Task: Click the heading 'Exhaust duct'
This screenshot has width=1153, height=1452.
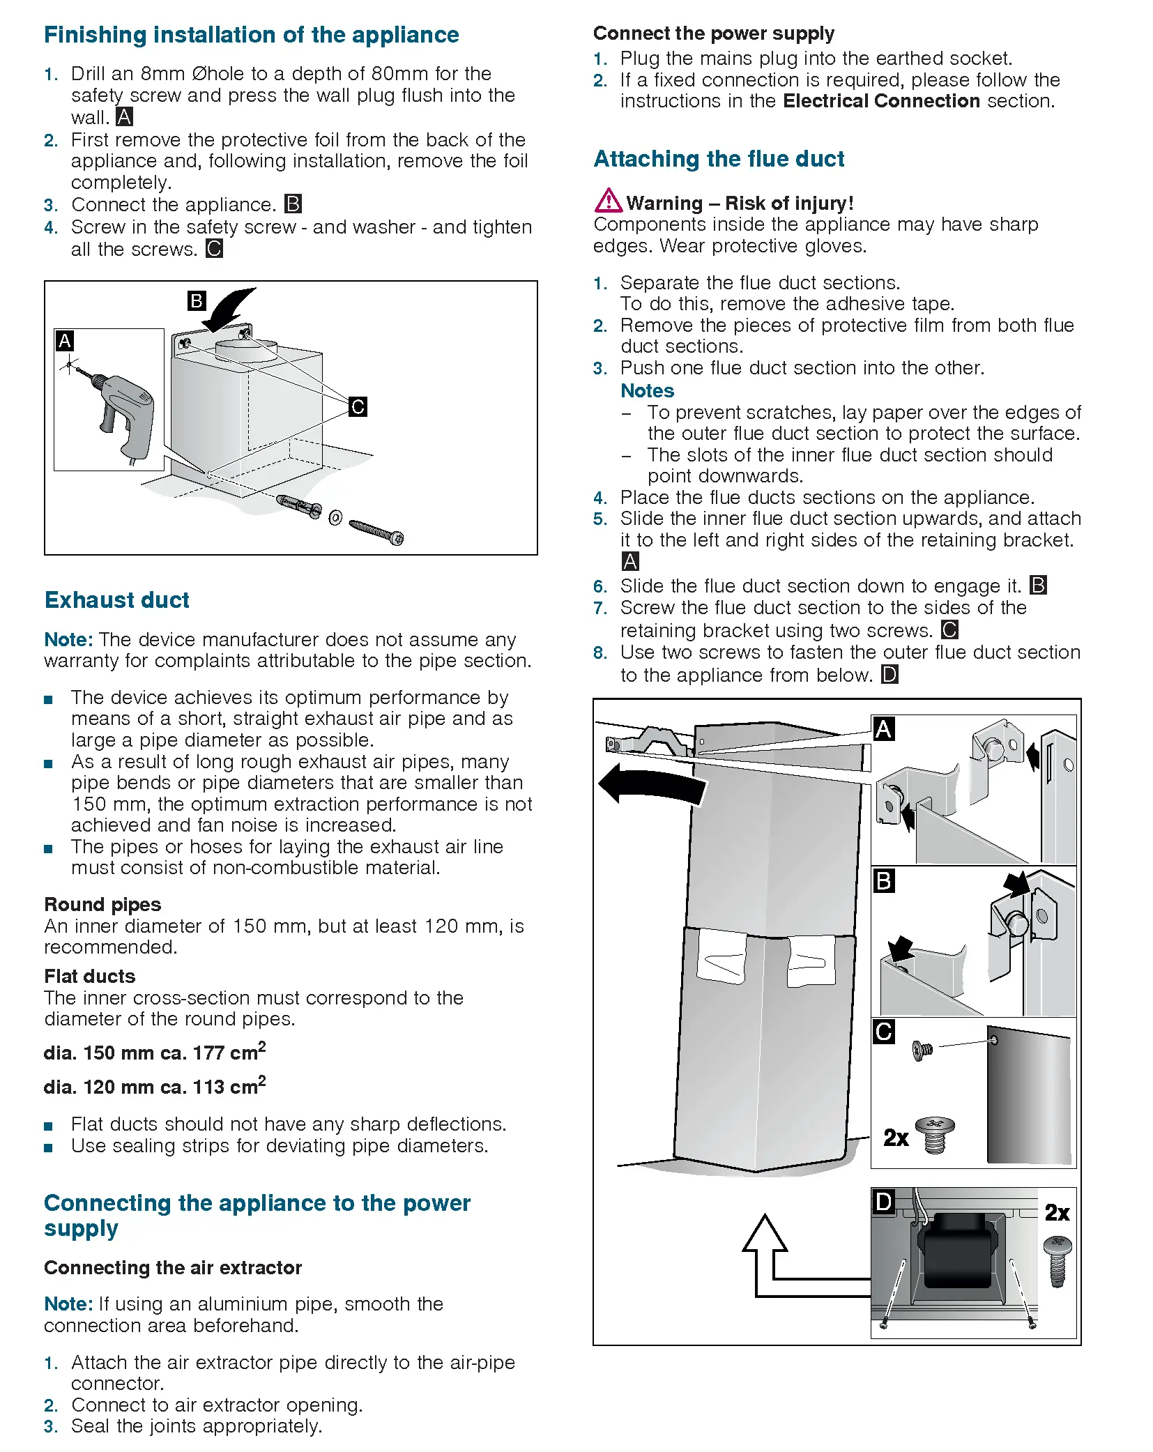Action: coord(116,600)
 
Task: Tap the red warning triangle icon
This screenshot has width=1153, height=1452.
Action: coord(608,201)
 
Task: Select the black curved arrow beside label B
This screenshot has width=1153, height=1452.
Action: coord(230,309)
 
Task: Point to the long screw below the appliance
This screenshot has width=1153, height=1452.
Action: coord(376,532)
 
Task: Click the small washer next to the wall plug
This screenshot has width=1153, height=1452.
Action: coord(335,518)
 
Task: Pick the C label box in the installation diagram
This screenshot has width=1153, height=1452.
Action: coord(358,406)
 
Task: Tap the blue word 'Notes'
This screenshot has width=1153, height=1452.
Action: coord(647,390)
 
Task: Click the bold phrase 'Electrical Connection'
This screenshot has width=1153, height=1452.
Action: coord(881,101)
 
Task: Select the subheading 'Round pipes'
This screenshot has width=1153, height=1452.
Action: coord(102,904)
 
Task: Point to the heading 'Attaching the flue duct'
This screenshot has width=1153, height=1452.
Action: coord(718,159)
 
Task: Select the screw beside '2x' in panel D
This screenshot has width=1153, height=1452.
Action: coord(1057,1262)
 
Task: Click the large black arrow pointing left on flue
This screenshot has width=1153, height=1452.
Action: coord(652,785)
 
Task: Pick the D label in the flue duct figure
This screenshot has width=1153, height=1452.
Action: coord(883,1202)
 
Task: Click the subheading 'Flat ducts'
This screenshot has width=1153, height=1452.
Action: coord(90,976)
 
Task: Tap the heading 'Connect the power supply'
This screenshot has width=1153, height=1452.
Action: coord(713,33)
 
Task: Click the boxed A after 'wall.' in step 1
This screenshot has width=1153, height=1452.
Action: coord(124,116)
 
